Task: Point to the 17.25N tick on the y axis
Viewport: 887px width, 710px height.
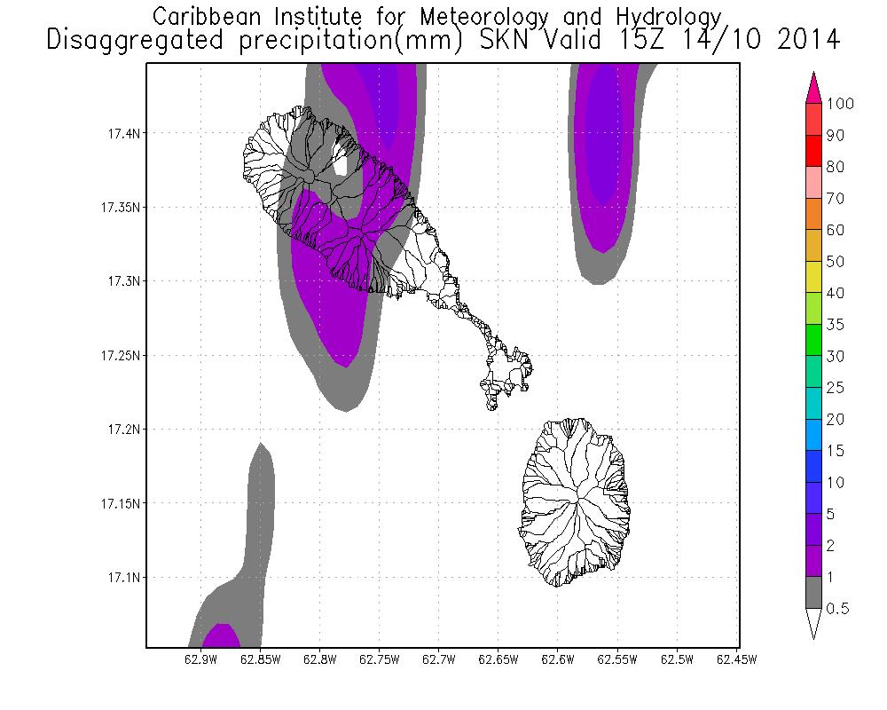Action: pyautogui.click(x=119, y=356)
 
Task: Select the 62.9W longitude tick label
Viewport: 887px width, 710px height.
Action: pyautogui.click(x=200, y=659)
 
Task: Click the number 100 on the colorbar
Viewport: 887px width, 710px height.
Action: pyautogui.click(x=838, y=104)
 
